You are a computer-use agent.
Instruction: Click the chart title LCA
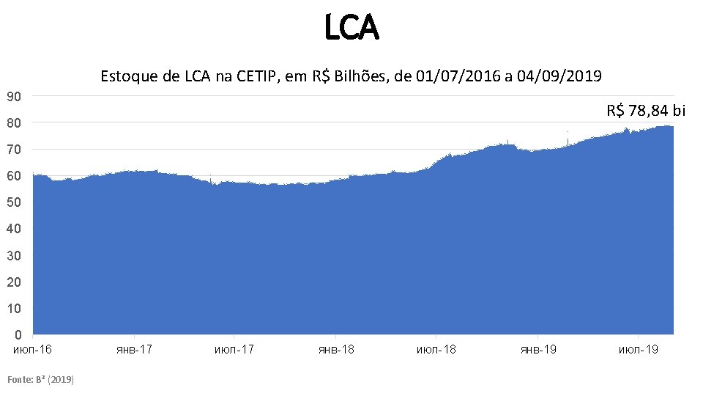tap(352, 27)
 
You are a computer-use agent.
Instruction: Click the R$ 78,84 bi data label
tap(646, 111)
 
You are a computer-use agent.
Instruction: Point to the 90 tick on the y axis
tap(14, 97)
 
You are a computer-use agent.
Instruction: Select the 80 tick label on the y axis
tap(14, 123)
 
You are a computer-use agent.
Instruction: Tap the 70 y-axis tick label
tap(14, 150)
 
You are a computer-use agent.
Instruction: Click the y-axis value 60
tap(14, 176)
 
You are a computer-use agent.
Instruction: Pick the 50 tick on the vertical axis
tap(14, 202)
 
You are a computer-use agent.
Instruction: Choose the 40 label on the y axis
tap(14, 229)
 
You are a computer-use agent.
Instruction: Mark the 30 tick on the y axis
tap(14, 256)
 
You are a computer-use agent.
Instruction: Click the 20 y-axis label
tap(14, 282)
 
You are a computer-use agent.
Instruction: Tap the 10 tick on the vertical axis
tap(14, 309)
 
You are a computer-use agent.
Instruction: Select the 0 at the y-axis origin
tap(18, 335)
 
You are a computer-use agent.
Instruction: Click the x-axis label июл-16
tap(32, 349)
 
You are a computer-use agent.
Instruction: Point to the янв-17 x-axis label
tap(135, 349)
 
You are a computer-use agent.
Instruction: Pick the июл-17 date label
tap(234, 349)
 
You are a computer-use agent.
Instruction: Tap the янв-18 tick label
tap(336, 349)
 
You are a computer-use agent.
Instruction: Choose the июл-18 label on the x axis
tap(436, 349)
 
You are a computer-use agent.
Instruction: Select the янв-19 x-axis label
tap(538, 349)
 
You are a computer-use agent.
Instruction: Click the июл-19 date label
tap(639, 349)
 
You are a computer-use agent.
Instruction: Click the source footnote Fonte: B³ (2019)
tap(40, 380)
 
